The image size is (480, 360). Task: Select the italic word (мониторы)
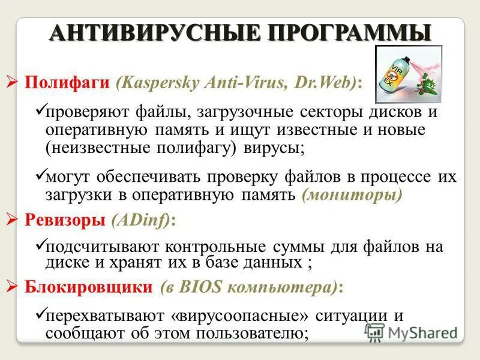[352, 194]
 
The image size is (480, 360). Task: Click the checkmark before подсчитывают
[40, 245]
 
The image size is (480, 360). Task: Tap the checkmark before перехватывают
[40, 313]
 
